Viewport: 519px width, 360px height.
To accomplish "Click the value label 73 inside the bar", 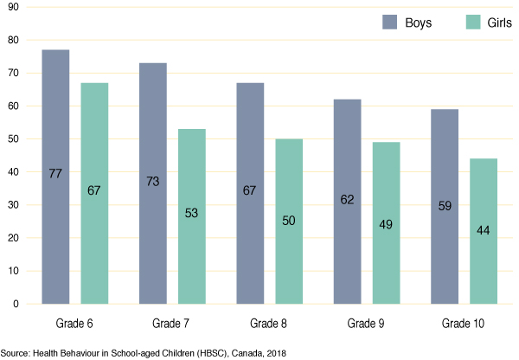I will click(153, 182).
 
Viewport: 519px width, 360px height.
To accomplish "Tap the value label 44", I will click(484, 230).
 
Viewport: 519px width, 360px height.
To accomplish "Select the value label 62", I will click(347, 198).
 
